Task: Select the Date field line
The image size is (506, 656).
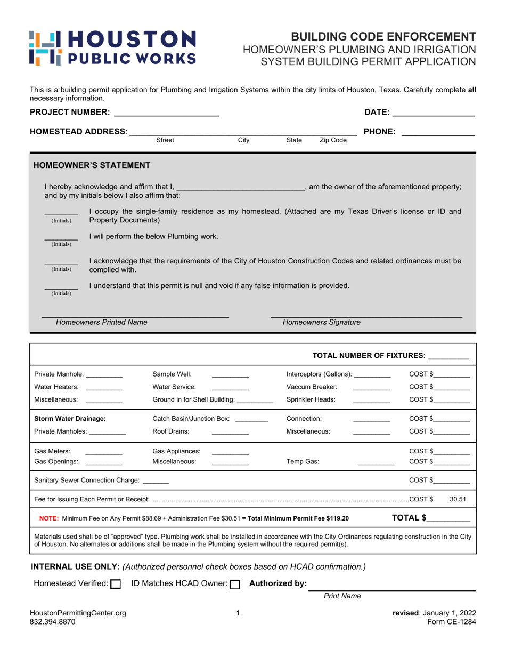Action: (x=433, y=114)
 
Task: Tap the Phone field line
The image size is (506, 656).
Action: (x=437, y=134)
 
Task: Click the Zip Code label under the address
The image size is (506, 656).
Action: (x=333, y=140)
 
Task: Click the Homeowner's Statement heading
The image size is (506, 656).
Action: (x=92, y=165)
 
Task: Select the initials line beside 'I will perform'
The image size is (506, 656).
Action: (x=61, y=238)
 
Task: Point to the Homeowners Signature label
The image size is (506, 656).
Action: (x=321, y=322)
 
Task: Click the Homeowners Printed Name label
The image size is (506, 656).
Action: (x=102, y=322)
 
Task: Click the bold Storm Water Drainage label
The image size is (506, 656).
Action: (x=70, y=419)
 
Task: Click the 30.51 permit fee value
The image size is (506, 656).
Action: (x=458, y=500)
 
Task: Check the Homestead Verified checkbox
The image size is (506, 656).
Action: (x=116, y=584)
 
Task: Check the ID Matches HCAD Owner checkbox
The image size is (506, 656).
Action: (x=235, y=584)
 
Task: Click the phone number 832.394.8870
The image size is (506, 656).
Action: (x=53, y=622)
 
